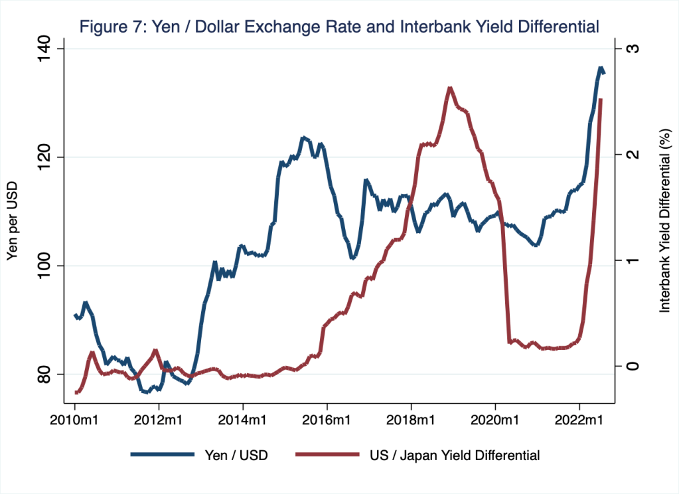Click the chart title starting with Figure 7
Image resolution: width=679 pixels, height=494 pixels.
[339, 27]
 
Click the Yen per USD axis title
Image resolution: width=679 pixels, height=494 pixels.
[12, 220]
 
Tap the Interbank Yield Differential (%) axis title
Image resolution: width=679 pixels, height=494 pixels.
[663, 220]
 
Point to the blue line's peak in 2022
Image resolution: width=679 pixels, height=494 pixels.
[601, 68]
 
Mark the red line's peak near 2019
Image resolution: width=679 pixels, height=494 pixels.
[450, 88]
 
